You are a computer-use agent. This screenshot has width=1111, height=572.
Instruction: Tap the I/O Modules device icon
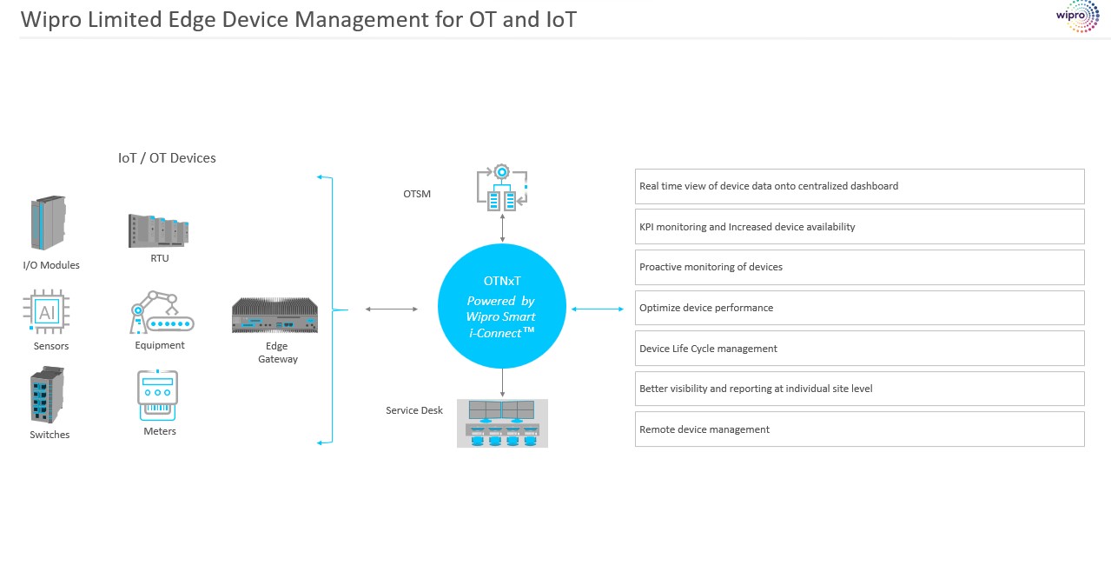[49, 223]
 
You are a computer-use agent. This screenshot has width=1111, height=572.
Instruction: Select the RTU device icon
[158, 229]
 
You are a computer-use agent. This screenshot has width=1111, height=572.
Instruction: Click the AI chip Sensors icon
[46, 311]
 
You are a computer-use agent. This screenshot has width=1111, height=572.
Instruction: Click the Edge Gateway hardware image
[274, 316]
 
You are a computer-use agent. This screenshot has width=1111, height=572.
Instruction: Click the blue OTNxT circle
[502, 306]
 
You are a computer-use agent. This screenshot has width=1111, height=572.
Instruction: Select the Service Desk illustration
[502, 423]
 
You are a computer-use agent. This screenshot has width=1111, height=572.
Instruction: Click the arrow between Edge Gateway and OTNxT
[392, 309]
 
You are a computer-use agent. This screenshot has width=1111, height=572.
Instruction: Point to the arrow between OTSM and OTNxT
[502, 229]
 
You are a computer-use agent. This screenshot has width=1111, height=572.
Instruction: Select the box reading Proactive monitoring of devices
[859, 267]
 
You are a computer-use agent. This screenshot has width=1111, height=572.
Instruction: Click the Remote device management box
[859, 429]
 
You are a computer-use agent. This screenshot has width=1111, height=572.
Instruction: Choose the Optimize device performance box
[859, 308]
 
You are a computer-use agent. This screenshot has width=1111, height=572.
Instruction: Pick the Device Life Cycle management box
[859, 349]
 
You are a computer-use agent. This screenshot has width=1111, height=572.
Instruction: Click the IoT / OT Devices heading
[167, 158]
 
